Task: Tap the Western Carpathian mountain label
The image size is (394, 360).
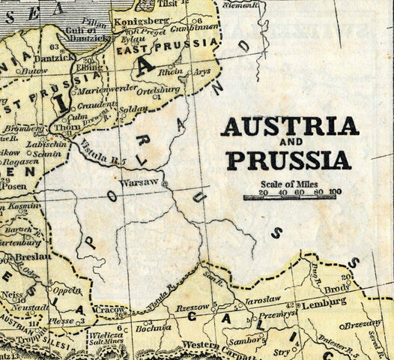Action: click(x=211, y=346)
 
